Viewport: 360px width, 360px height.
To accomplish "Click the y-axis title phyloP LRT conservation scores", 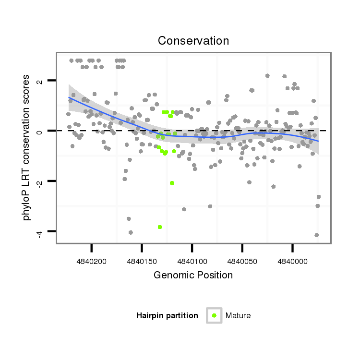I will [x=27, y=147].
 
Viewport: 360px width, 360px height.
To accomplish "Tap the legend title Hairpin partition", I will [x=167, y=315].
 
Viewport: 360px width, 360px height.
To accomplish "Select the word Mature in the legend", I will [x=238, y=315].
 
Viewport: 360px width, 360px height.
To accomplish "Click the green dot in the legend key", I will [x=214, y=315].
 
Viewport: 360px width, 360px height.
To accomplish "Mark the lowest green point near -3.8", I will [x=160, y=227].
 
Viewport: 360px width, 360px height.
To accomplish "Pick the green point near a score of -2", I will [x=172, y=183].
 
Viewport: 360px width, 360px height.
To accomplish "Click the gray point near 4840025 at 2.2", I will [x=267, y=76].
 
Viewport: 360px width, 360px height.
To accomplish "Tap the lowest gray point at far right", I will [x=316, y=235].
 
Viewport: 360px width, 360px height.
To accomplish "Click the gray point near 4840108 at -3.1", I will [x=184, y=209].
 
